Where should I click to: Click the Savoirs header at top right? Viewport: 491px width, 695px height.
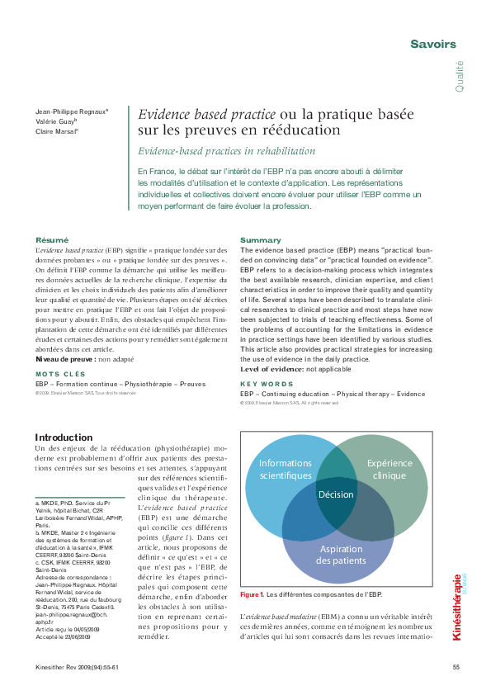[433, 43]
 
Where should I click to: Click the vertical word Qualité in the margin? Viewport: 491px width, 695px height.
[459, 76]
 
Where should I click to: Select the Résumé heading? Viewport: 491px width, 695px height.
[51, 239]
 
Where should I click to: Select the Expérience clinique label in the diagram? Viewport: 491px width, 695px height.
[390, 469]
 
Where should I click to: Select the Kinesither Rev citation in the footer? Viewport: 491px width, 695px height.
[82, 667]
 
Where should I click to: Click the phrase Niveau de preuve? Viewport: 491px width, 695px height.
[65, 358]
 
